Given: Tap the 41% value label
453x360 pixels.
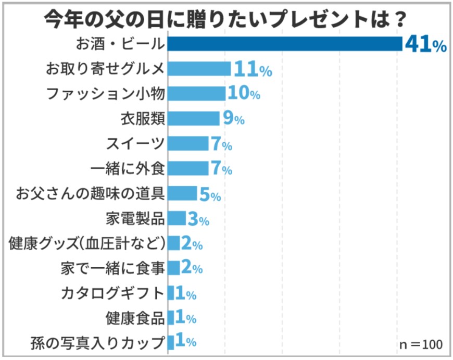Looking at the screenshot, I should [x=425, y=45].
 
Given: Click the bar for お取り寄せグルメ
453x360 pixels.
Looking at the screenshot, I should [x=199, y=69].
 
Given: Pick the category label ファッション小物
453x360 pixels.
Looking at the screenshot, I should [x=106, y=94].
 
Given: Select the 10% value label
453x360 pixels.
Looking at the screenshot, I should [x=244, y=94].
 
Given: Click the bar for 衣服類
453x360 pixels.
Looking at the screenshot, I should [x=194, y=119].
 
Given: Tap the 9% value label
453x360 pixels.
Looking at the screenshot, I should [x=233, y=119].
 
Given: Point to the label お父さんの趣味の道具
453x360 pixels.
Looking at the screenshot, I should [x=91, y=193].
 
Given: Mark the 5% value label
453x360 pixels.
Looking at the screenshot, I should [x=210, y=194].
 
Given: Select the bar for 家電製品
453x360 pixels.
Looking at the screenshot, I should [x=177, y=218].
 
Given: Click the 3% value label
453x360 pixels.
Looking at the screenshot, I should [x=198, y=219].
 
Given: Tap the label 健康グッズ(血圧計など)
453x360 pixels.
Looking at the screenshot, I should [x=87, y=243].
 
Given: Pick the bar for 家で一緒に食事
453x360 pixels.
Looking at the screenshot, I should [x=174, y=268].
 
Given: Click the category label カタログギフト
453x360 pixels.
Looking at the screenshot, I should [x=112, y=293].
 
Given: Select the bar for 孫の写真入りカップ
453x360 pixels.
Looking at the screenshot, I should [x=171, y=342].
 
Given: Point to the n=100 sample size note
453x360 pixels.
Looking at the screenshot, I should [x=421, y=344].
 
